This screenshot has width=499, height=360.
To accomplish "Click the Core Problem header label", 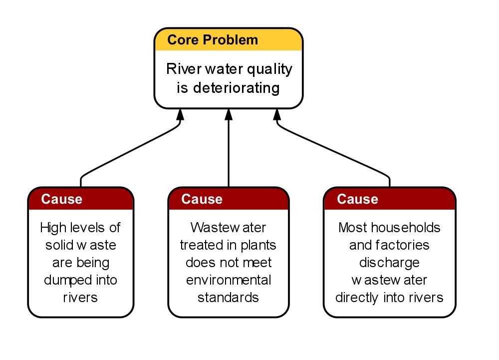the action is [x=213, y=40].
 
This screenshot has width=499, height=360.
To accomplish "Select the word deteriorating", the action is [x=237, y=88].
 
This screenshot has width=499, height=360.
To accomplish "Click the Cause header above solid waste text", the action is [x=62, y=199].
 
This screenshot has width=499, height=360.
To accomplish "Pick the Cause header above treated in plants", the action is [x=202, y=199].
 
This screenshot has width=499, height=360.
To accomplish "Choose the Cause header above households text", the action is [x=358, y=199].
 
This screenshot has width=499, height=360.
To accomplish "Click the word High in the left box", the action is [x=53, y=228].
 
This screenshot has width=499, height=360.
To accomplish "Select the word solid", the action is [x=58, y=245].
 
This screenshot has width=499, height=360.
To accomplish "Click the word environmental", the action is [x=229, y=280].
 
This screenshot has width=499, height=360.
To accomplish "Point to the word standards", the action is [x=228, y=298].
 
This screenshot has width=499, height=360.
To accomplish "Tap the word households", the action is [x=406, y=228].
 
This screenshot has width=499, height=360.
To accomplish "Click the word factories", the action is [x=402, y=245].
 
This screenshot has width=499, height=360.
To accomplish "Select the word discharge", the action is [x=389, y=263].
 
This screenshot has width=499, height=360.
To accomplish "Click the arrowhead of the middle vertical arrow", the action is [x=229, y=114].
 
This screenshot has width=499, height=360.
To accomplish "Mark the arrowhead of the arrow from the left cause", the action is [x=181, y=114].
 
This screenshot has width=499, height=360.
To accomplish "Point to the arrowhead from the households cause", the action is [x=277, y=114].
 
